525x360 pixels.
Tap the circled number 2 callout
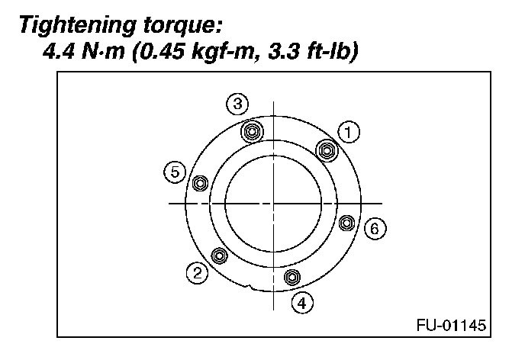(x=198, y=272)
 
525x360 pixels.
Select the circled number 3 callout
(x=238, y=103)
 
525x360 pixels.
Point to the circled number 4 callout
(x=303, y=302)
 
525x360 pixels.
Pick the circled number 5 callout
(x=175, y=172)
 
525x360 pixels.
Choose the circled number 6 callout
(x=373, y=227)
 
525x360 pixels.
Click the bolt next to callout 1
(x=327, y=149)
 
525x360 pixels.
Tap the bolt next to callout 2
(x=219, y=255)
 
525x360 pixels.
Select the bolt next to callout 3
(x=252, y=130)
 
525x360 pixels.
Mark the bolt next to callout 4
(x=291, y=276)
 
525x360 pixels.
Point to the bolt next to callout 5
(x=201, y=183)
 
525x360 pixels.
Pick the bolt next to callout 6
(x=346, y=223)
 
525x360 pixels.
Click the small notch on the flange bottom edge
(x=249, y=288)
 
